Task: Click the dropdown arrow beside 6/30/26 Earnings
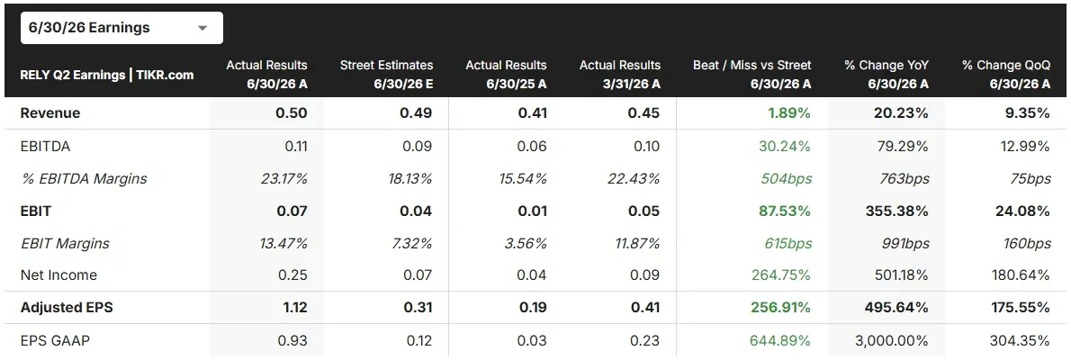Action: (202, 29)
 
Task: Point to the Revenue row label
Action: (50, 113)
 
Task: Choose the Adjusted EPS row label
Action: (67, 308)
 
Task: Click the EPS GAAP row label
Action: (56, 340)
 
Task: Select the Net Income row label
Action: (58, 275)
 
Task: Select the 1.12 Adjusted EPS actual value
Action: (294, 308)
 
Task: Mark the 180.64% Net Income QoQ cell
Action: (1021, 275)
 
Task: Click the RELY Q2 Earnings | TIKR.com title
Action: (107, 75)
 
